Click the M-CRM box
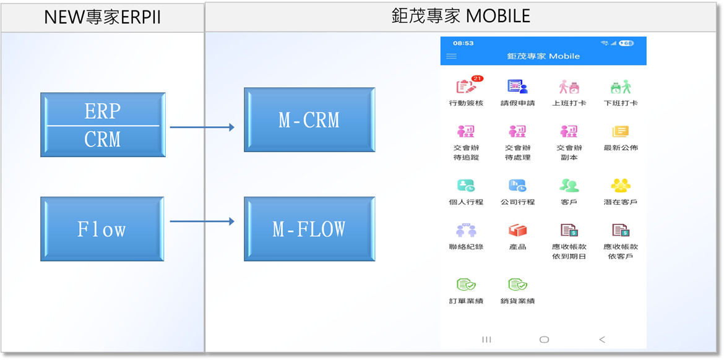point(309,120)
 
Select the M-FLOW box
point(309,229)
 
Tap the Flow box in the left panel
point(102,229)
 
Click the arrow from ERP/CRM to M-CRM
point(202,127)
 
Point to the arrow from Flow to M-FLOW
point(202,221)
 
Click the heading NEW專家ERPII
point(102,17)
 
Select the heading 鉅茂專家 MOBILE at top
point(460,16)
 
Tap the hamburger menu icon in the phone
point(452,56)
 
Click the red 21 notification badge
point(477,79)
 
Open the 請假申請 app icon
point(517,87)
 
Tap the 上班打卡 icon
point(569,87)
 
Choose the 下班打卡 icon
point(620,87)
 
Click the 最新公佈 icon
point(620,132)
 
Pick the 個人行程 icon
point(466,186)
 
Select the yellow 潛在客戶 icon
point(620,186)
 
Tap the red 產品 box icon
point(517,231)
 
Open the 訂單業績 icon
point(466,285)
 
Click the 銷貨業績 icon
point(517,285)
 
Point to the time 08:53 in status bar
point(463,43)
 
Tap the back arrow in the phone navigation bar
point(602,340)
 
